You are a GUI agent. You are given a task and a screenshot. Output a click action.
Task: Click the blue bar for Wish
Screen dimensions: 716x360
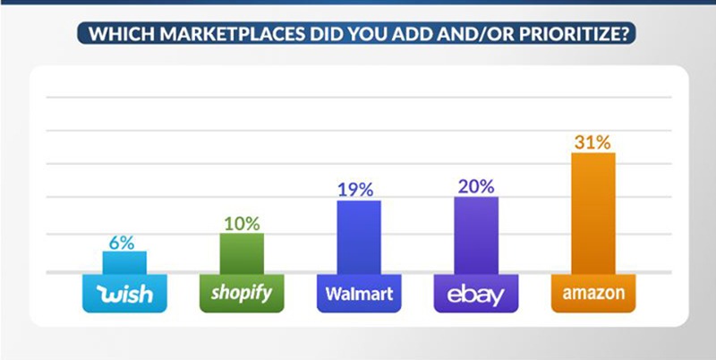coord(124,262)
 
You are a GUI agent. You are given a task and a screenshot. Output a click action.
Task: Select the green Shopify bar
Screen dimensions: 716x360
coord(242,254)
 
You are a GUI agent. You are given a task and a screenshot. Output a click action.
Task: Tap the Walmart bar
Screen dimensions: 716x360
coord(359,237)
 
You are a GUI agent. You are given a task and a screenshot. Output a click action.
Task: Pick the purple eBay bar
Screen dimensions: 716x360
coord(476,236)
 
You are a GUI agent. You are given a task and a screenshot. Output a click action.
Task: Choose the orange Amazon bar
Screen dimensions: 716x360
coord(593,213)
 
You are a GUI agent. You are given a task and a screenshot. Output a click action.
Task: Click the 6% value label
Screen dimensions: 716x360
coord(122,243)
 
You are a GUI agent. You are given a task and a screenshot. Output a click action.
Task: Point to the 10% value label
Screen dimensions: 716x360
coord(242,224)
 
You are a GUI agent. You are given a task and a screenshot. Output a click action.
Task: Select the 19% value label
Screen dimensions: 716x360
coord(355,190)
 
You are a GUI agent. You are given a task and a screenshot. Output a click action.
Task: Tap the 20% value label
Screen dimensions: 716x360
coord(476,186)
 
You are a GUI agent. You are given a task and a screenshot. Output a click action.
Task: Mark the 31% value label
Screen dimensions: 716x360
coord(592,143)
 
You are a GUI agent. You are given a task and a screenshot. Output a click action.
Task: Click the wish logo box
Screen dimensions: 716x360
coord(124,294)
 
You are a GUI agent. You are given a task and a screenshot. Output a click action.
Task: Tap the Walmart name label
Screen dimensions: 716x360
coord(359,294)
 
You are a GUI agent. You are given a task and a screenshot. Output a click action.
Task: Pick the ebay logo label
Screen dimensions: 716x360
coord(476,294)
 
